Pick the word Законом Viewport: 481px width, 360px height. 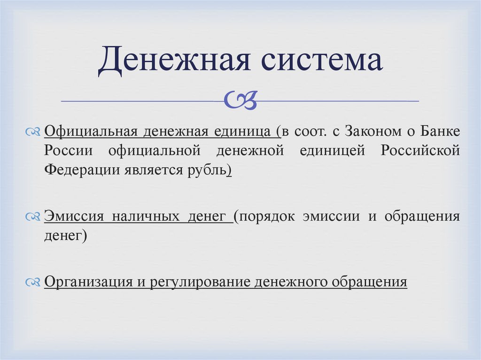click(371, 131)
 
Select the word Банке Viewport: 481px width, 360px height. click(439, 131)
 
